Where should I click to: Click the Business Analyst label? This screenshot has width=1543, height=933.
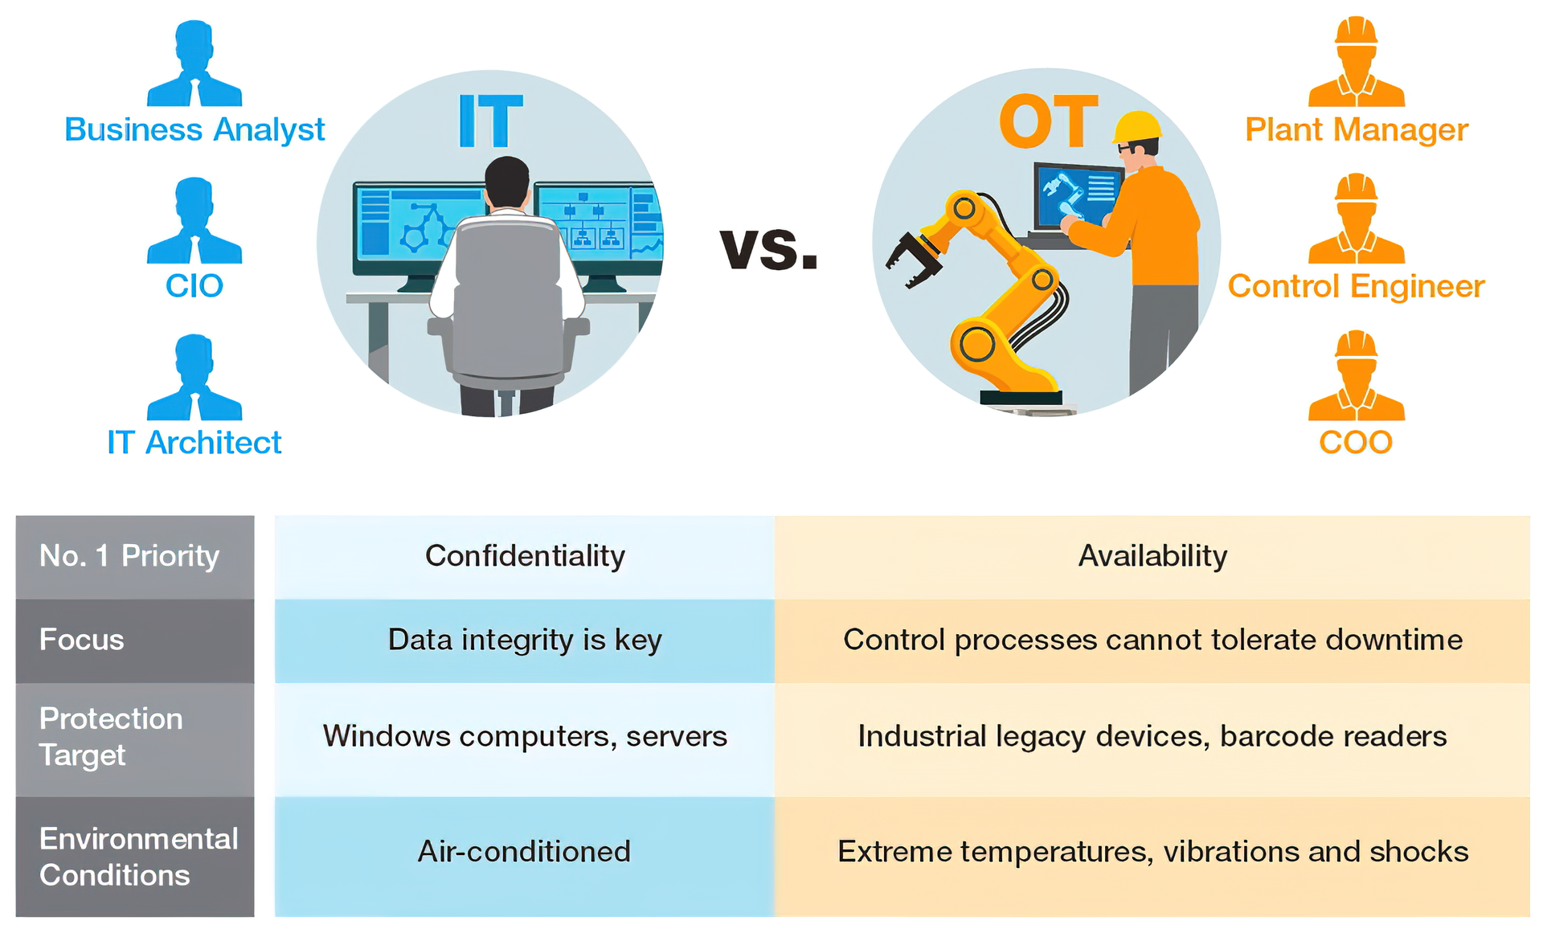194,129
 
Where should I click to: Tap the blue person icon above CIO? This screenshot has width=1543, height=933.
194,221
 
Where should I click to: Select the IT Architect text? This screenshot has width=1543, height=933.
194,442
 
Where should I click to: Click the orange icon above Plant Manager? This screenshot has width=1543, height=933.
1356,63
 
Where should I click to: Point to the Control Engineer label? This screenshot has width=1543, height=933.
1356,286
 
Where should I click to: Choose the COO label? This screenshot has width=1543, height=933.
1356,442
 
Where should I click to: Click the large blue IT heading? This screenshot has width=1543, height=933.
490,121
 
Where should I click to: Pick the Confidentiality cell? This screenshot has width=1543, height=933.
525,556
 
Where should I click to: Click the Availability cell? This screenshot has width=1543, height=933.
1152,556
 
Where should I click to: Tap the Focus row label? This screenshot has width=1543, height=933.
82,640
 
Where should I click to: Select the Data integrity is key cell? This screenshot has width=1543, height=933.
525,640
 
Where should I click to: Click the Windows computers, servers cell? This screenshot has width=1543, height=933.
525,736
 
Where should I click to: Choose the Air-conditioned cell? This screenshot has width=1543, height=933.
525,851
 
